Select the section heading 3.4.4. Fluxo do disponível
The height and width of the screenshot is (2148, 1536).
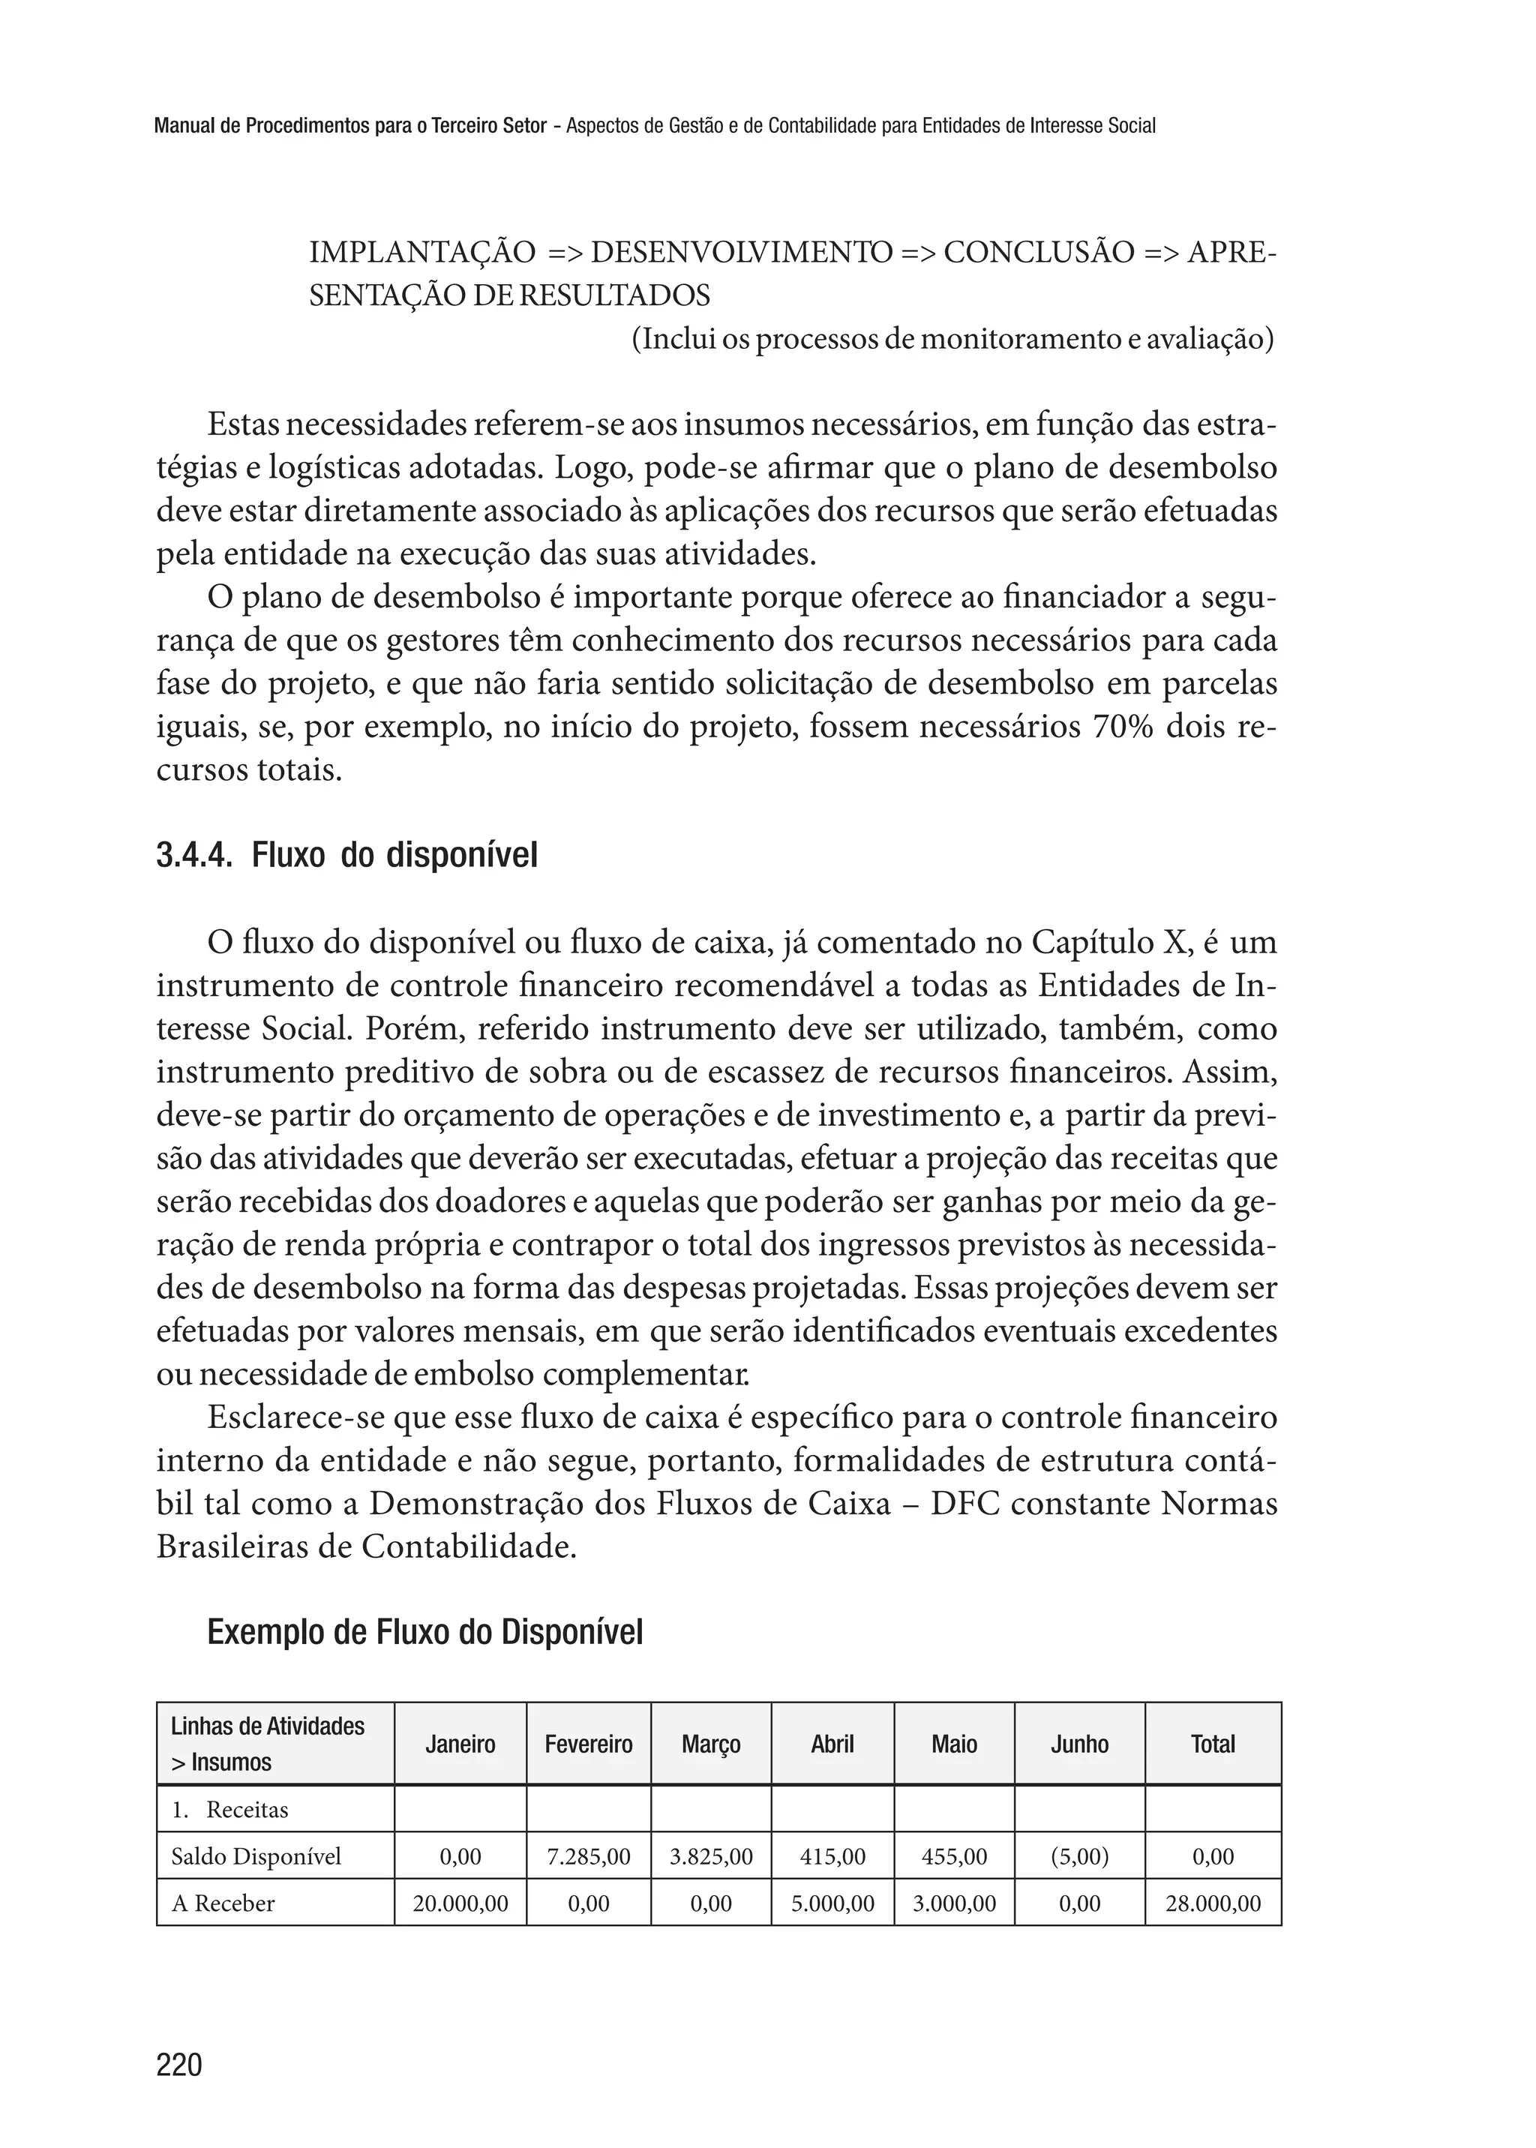(346, 856)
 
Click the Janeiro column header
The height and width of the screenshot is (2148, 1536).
(460, 1744)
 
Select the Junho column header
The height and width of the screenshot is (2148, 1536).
(1079, 1744)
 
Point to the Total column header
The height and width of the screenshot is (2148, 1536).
(1213, 1744)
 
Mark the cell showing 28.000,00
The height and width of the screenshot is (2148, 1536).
(1213, 1903)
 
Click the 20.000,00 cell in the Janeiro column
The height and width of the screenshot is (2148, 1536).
(460, 1903)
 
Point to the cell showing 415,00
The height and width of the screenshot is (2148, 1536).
(832, 1857)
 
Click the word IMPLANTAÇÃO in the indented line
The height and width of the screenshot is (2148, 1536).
(421, 253)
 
